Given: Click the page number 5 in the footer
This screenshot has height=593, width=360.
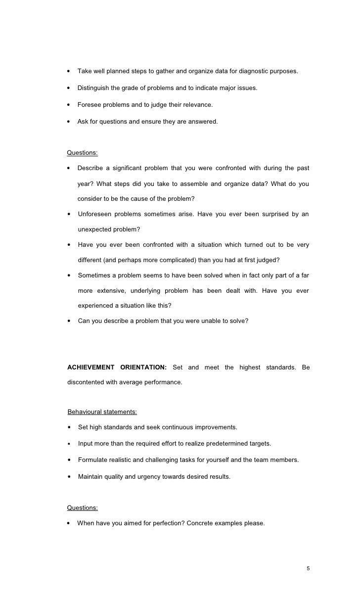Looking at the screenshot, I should (308, 568).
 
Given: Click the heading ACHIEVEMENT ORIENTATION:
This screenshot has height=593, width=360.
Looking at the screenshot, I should (117, 367).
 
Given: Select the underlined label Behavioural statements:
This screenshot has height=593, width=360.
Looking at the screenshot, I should (102, 412).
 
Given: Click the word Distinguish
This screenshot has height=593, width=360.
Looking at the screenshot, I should (94, 88).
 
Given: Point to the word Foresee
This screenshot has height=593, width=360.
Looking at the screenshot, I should (89, 105).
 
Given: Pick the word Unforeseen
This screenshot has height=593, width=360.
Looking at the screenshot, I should (94, 214).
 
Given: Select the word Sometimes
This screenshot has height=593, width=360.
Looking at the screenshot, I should (95, 275).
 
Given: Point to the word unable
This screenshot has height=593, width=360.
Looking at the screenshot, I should (196, 321).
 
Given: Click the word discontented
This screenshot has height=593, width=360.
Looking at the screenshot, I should (88, 382).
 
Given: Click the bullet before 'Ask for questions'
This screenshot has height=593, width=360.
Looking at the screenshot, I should (69, 122).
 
